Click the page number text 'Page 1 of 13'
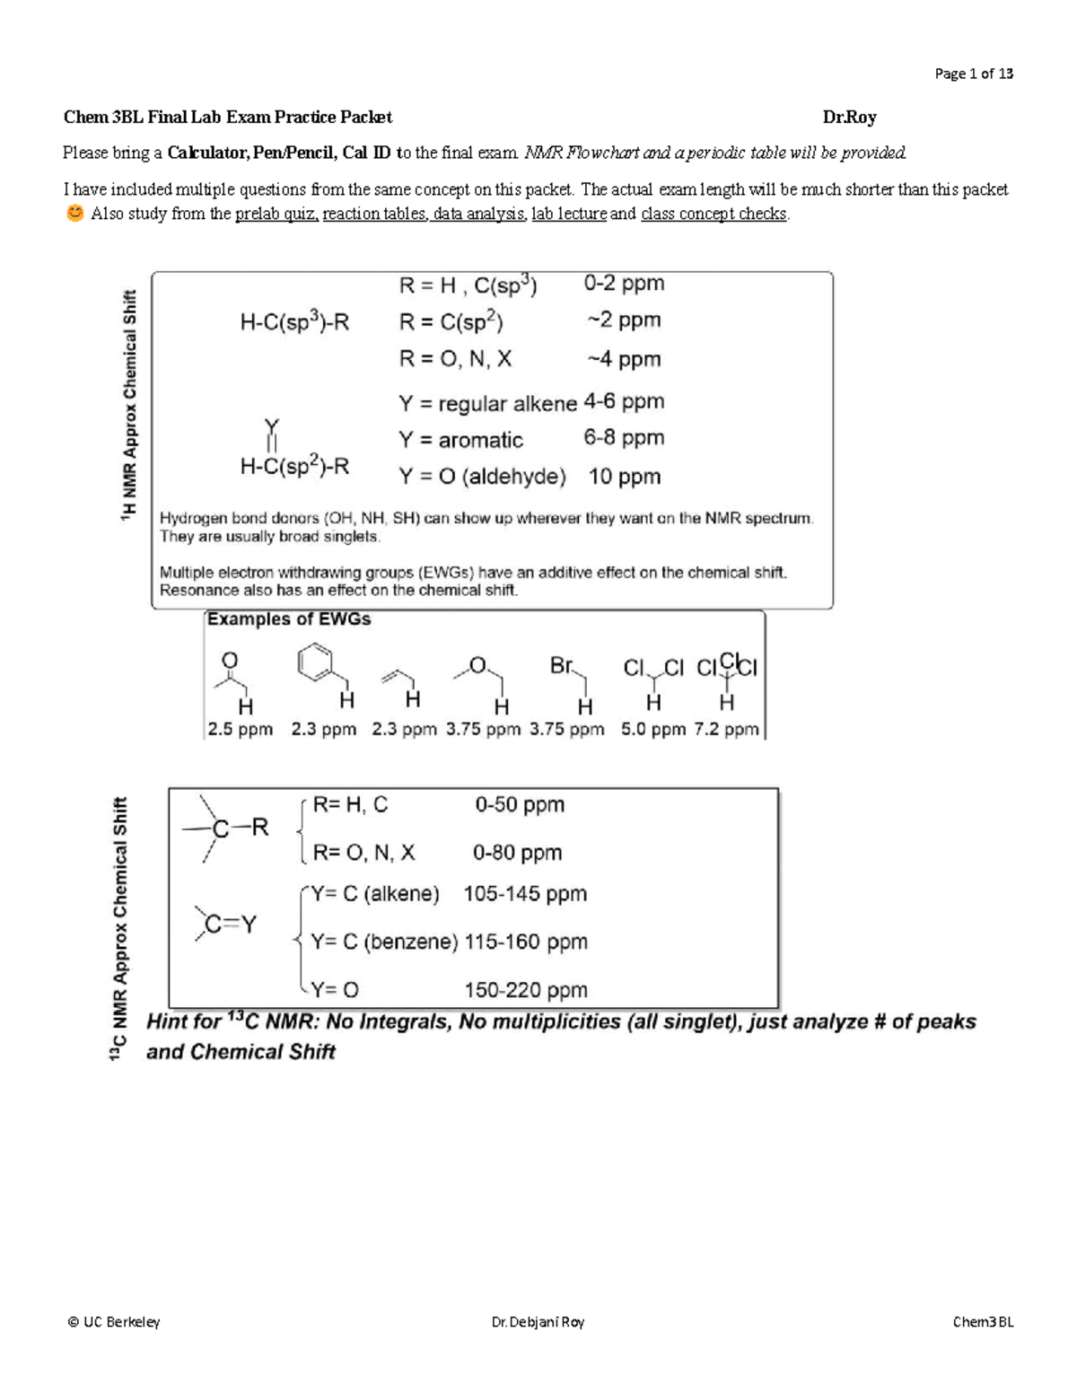(973, 74)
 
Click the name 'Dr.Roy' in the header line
(849, 117)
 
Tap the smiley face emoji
(74, 214)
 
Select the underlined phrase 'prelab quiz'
(276, 215)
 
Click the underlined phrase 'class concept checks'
(714, 215)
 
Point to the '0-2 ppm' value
(624, 284)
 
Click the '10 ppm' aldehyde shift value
(624, 477)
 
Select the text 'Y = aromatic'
(460, 440)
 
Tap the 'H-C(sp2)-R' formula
(294, 467)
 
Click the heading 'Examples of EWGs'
(289, 619)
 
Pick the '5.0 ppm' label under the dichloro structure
(652, 730)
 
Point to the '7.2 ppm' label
(726, 730)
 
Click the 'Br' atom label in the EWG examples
(561, 666)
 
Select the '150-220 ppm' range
(525, 990)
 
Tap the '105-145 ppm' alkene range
(525, 894)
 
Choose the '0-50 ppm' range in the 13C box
(520, 804)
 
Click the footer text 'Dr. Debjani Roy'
(538, 1321)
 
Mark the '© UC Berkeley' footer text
(114, 1321)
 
